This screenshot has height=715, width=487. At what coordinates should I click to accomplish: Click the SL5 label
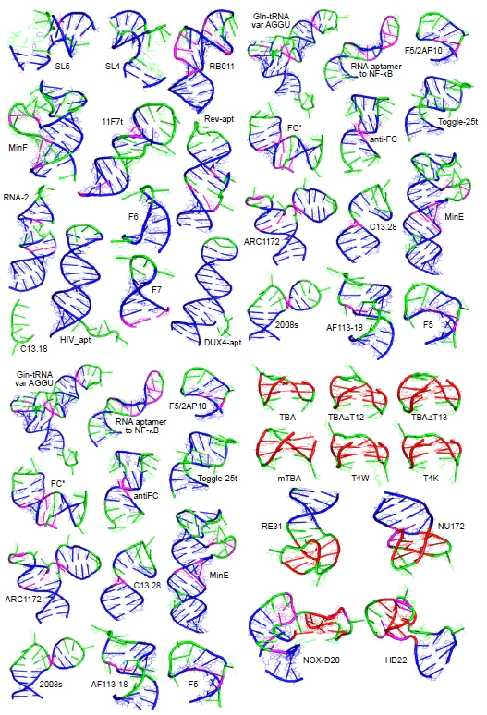click(64, 66)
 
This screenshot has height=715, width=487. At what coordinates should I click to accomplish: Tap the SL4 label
click(112, 66)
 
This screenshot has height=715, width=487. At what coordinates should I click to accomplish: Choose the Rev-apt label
click(216, 120)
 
